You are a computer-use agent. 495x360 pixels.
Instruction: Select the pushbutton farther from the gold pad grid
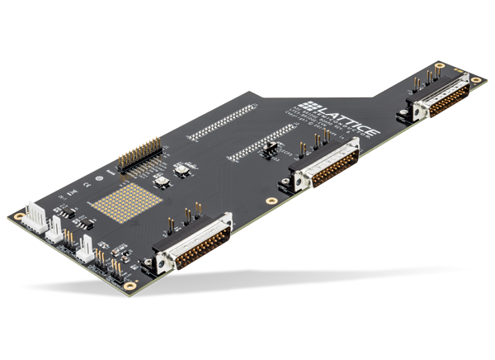[179, 169]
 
